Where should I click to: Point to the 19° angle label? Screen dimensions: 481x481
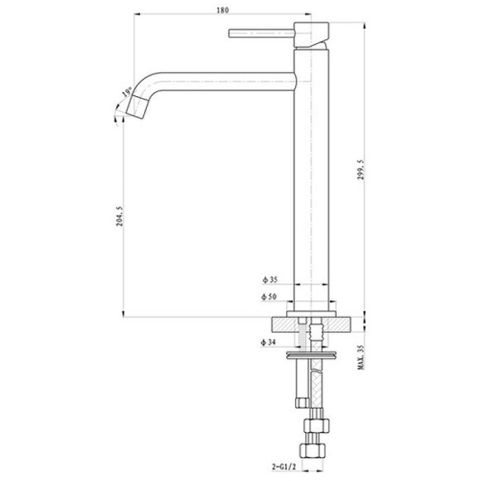pyautogui.click(x=128, y=93)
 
